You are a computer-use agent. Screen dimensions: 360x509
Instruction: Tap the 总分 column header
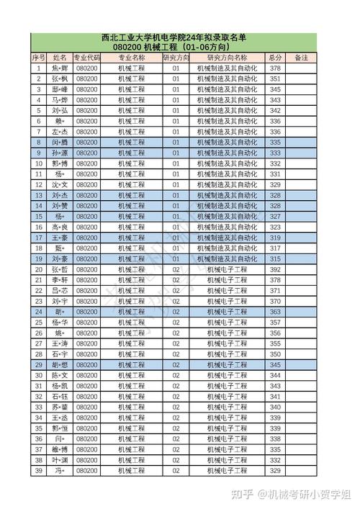coord(274,57)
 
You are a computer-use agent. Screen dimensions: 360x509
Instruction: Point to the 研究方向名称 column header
coord(226,57)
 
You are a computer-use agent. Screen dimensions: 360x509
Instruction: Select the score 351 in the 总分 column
coord(274,78)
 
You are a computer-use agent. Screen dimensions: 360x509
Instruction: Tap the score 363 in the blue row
coord(274,312)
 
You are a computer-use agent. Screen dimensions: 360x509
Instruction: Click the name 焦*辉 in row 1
coord(60,68)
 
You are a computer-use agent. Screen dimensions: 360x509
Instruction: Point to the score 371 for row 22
coord(274,291)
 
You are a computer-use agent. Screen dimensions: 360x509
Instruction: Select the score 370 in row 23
coord(274,301)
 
